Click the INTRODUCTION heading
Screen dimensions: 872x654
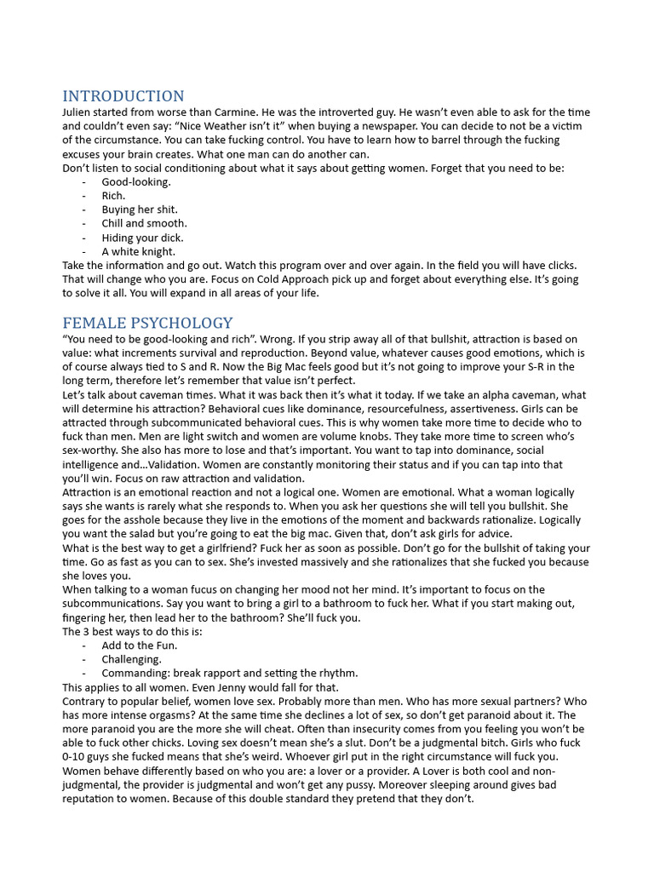click(x=123, y=95)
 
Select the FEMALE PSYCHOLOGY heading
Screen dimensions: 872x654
click(x=147, y=323)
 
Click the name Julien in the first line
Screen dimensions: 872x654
click(x=81, y=112)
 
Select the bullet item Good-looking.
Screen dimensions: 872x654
click(x=136, y=181)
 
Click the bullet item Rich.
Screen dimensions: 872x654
click(x=113, y=196)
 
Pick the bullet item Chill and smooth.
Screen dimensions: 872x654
click(x=144, y=223)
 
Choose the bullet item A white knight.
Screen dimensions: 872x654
click(x=138, y=251)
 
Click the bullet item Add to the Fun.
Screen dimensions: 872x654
click(x=140, y=645)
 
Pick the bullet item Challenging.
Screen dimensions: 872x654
click(x=131, y=659)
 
